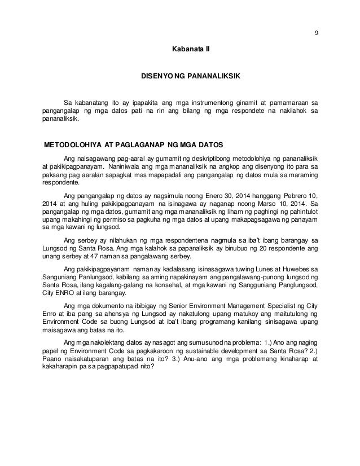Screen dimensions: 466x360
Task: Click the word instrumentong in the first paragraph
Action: point(205,103)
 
